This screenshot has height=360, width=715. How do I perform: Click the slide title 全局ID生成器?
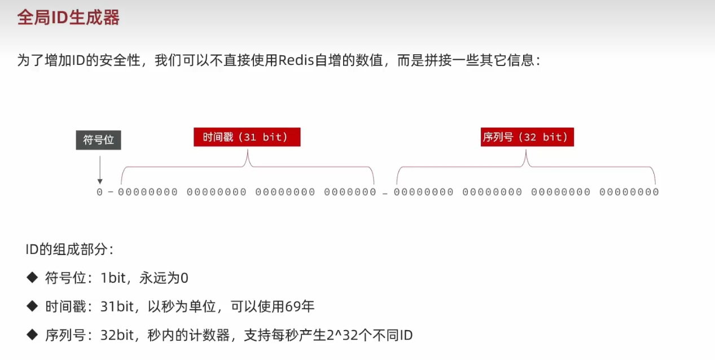[x=68, y=17]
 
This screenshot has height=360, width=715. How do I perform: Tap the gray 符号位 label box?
[x=98, y=140]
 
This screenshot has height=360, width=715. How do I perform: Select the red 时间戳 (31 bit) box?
[x=247, y=137]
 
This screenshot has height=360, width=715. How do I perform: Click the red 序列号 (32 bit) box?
[x=527, y=137]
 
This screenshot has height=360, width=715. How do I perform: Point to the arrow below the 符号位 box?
[x=100, y=170]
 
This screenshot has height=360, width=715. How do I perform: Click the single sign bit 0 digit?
[x=99, y=192]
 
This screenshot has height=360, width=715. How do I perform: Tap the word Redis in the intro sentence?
[x=296, y=60]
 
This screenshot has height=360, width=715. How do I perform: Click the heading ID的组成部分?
[x=69, y=249]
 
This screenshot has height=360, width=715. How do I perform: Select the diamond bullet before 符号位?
[x=32, y=278]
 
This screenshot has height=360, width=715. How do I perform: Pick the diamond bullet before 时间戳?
[x=32, y=306]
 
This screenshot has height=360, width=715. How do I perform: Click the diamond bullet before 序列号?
[x=32, y=335]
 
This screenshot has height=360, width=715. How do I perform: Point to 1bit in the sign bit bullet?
[x=113, y=278]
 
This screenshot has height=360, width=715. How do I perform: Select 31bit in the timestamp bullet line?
[x=117, y=306]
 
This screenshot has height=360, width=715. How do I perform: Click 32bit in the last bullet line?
[x=117, y=335]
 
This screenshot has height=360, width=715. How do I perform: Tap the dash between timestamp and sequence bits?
[x=385, y=194]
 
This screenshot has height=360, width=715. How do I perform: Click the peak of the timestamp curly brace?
[x=247, y=150]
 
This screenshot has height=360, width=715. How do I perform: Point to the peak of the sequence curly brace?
[x=526, y=150]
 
